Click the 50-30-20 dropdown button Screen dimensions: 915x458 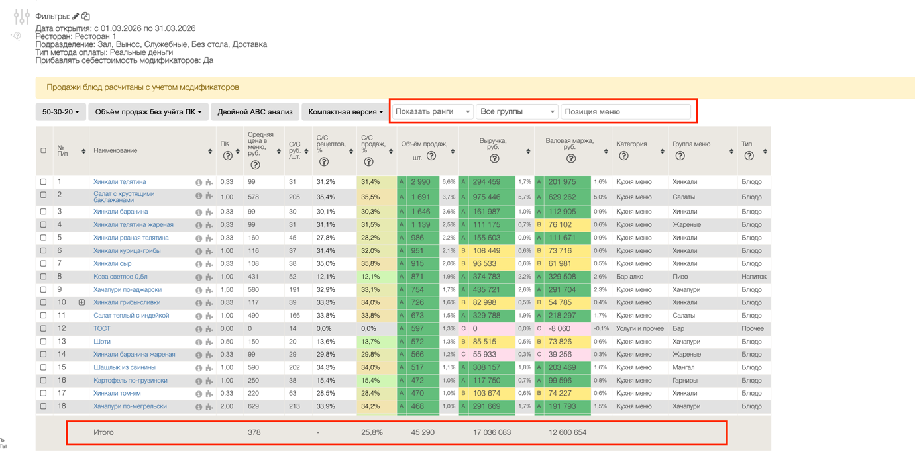coord(60,112)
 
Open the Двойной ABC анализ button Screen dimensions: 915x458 coord(255,112)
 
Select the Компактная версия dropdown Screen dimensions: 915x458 coord(346,112)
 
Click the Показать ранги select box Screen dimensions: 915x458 coord(433,111)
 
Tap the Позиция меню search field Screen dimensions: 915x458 coord(625,111)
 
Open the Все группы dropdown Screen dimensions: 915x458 coord(517,111)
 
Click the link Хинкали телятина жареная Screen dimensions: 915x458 coord(133,224)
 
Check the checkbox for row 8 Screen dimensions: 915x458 coord(43,277)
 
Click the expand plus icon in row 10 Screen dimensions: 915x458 coord(81,302)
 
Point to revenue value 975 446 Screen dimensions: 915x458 coord(486,197)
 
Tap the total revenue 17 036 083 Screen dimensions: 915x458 coord(492,432)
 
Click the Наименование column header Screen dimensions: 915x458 coord(115,151)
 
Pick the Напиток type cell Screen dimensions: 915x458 coord(753,277)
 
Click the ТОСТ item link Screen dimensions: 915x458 coord(102,328)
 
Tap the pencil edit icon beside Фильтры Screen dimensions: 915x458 coord(76,16)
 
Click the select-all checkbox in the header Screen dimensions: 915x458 coord(43,150)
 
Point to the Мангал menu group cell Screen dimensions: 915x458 coord(683,367)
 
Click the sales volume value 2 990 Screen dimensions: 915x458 coord(420,182)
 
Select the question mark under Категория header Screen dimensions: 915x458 coord(623,156)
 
